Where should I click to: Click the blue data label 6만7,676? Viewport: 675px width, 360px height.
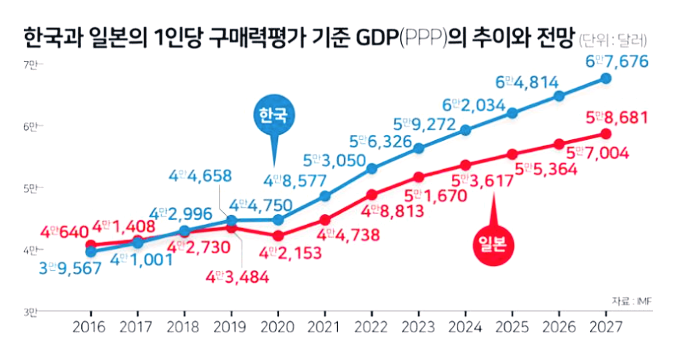[618, 62]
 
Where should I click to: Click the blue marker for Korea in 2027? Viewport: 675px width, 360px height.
[606, 78]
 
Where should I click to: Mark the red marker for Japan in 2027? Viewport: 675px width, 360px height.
[606, 134]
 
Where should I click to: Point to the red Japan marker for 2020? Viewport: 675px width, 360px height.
[278, 236]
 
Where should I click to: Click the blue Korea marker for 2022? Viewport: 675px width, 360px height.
[371, 166]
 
